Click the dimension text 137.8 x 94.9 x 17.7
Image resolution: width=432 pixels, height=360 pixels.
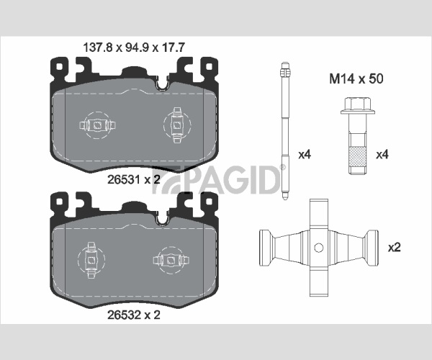click(x=134, y=48)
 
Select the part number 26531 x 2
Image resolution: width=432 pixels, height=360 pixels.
click(x=134, y=180)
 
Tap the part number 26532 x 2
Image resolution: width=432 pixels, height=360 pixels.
click(x=134, y=315)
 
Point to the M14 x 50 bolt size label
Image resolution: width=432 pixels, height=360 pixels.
click(x=356, y=78)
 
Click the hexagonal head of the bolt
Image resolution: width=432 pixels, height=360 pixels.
click(x=358, y=104)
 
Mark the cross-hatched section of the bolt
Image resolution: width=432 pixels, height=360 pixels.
click(x=358, y=157)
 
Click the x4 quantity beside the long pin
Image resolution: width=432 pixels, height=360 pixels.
click(x=305, y=155)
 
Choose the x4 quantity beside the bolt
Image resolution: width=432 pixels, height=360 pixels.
click(x=382, y=155)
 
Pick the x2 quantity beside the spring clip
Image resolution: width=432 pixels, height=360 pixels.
click(x=395, y=248)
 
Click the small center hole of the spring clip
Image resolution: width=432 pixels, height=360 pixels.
click(x=319, y=248)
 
